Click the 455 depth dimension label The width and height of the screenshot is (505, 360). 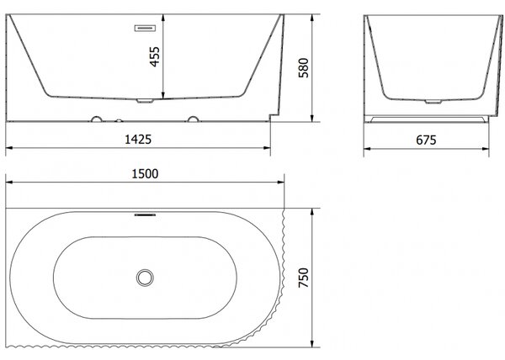[x=155, y=56]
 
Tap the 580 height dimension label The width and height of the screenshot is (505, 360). [x=303, y=68]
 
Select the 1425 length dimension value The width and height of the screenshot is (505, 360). [x=138, y=140]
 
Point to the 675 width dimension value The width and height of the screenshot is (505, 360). [x=426, y=140]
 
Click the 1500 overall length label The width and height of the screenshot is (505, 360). [x=145, y=174]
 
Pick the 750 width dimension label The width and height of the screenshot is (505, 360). [x=303, y=278]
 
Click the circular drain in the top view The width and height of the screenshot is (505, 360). [x=145, y=278]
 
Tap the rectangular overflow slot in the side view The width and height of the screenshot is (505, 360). [x=145, y=28]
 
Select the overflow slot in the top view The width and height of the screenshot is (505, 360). [x=145, y=214]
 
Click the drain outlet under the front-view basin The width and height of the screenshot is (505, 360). [x=145, y=101]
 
